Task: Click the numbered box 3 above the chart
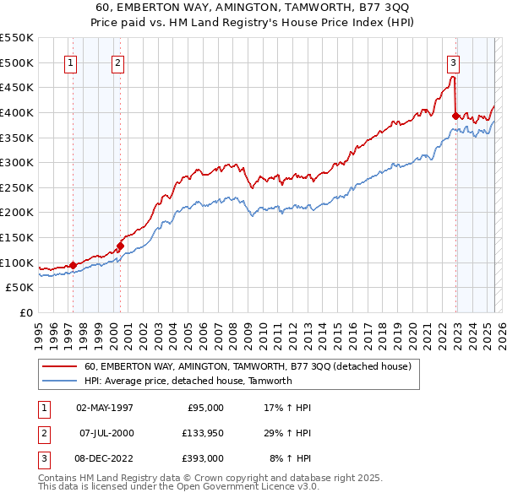454,62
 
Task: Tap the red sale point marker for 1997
73,265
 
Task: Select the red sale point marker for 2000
120,246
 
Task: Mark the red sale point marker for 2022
456,116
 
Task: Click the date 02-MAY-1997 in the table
105,408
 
